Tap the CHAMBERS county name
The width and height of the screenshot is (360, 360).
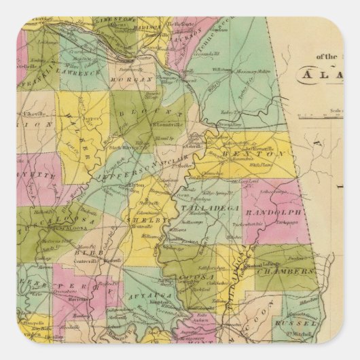coord(293,271)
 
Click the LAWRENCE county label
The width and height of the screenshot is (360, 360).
coord(82,71)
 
